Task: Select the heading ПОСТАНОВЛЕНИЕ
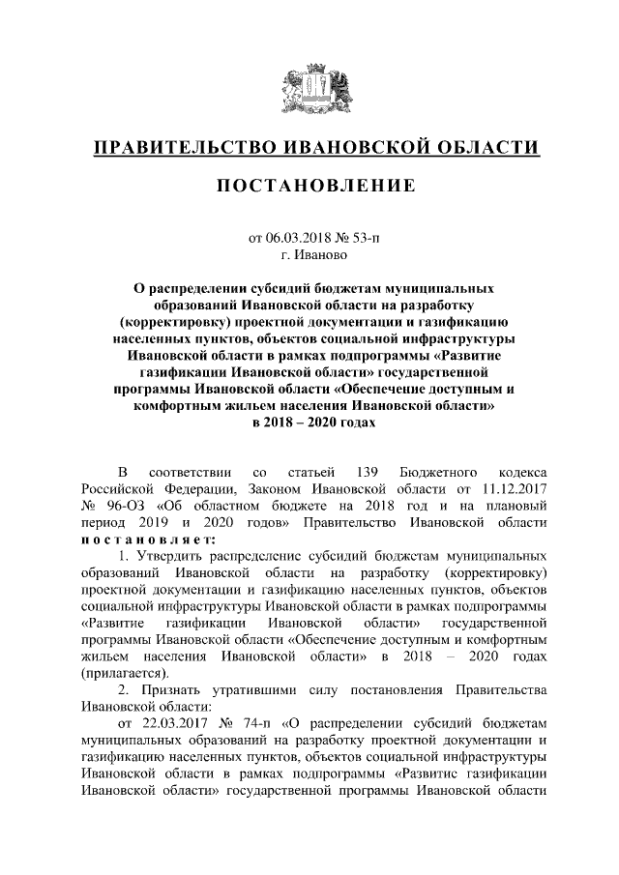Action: (309, 185)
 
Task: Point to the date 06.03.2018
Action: (297, 237)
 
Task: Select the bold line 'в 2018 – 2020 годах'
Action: (309, 423)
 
